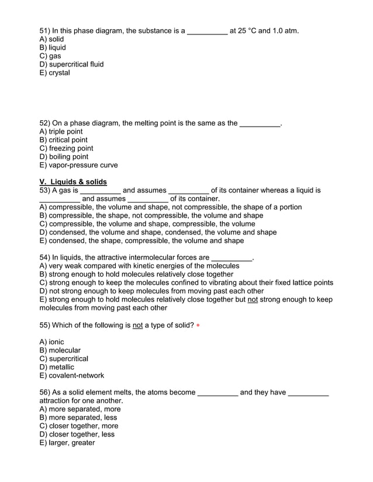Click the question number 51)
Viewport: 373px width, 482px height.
(44, 30)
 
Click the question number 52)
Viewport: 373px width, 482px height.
(44, 123)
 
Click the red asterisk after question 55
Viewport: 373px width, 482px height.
(198, 326)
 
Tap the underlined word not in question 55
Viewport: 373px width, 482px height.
(138, 325)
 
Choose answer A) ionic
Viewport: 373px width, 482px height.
(51, 342)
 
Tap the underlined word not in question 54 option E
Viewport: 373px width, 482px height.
(253, 299)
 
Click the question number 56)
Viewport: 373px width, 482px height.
(44, 392)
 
